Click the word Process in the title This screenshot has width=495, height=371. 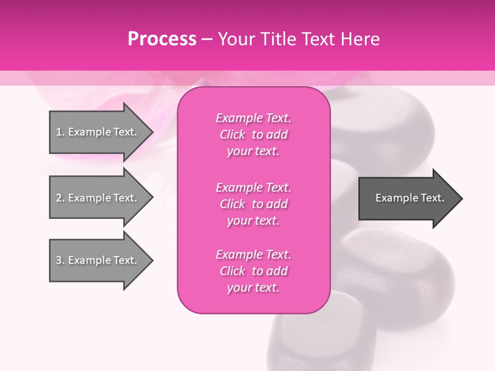162,39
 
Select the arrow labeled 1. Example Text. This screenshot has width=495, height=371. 98,132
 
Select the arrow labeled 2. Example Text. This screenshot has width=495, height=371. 98,198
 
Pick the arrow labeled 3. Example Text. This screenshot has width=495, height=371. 98,260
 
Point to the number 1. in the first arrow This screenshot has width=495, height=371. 60,132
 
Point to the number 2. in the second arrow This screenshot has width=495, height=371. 60,198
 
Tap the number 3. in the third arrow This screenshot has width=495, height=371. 60,260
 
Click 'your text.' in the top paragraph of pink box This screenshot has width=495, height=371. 253,151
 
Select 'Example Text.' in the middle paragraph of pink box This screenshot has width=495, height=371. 253,187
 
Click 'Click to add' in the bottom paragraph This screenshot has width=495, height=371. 253,271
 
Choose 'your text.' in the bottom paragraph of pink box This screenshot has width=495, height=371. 253,288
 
